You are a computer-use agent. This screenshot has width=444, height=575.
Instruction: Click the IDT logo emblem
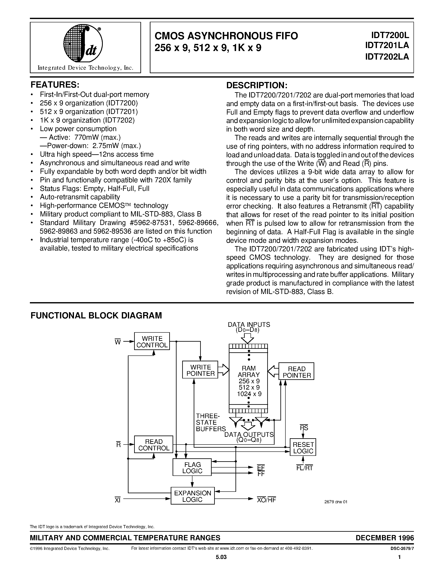(x=83, y=43)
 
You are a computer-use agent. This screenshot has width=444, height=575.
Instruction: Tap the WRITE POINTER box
(x=200, y=370)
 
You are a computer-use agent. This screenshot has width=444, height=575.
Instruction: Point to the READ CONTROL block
(x=154, y=445)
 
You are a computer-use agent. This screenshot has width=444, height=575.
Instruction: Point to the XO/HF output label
(x=266, y=500)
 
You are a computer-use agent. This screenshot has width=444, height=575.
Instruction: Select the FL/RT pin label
(x=304, y=468)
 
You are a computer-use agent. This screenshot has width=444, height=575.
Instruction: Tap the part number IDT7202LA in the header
(x=387, y=57)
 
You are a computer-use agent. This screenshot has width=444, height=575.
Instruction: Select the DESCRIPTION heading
(x=257, y=85)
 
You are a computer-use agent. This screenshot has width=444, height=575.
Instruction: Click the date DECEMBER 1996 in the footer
(x=384, y=538)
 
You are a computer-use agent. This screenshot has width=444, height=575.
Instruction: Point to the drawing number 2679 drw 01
(x=336, y=502)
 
